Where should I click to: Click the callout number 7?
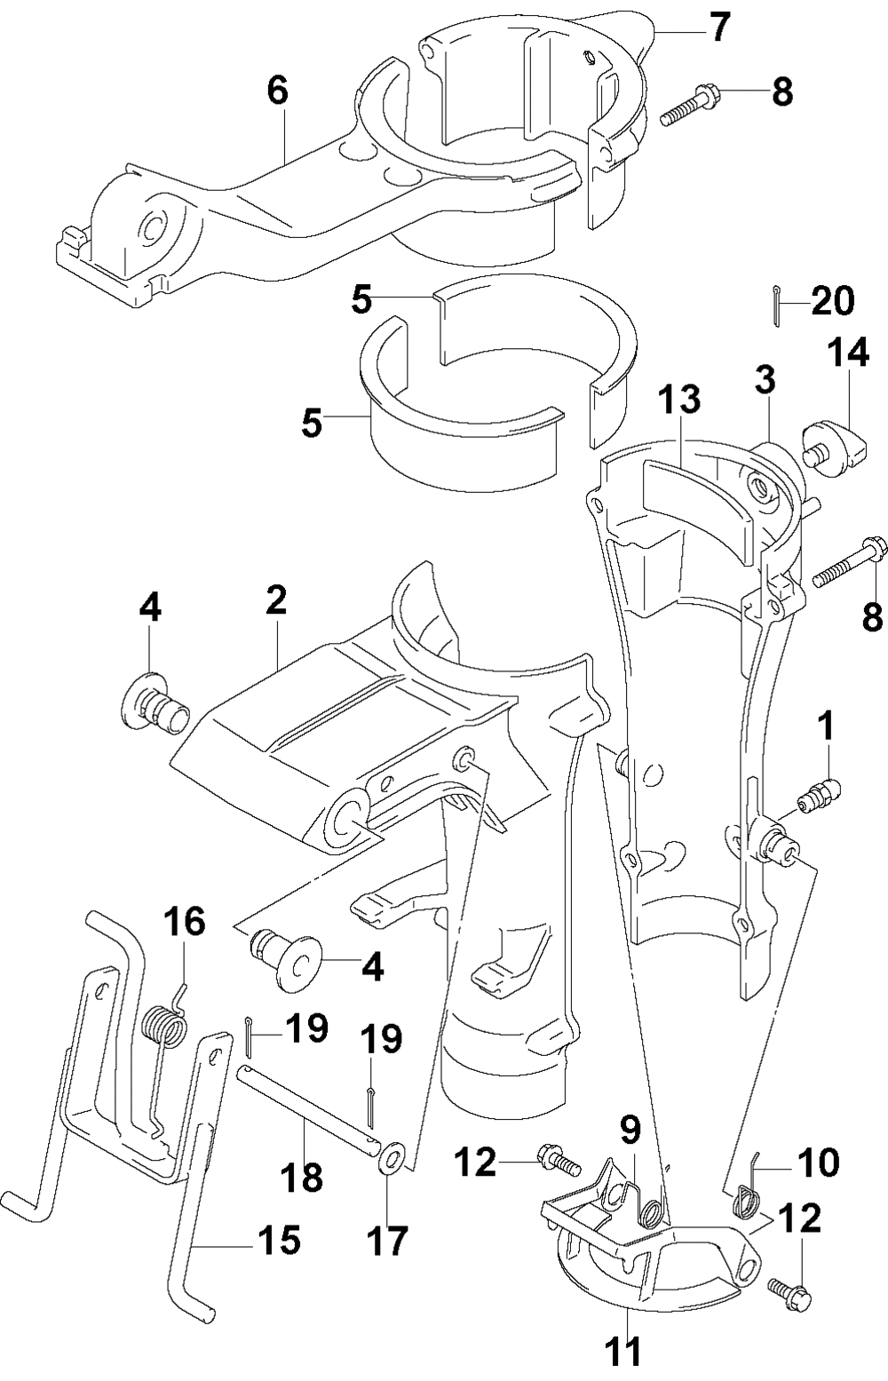[718, 28]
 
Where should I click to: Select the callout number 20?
[832, 301]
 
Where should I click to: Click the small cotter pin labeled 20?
[774, 306]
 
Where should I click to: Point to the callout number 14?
[847, 353]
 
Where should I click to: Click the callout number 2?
[276, 599]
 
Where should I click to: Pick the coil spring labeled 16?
[166, 1035]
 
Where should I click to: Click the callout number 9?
[630, 1130]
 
